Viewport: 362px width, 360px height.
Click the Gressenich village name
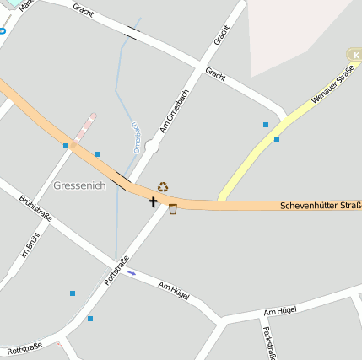pos(79,185)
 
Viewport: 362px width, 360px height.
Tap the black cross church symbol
pos(154,201)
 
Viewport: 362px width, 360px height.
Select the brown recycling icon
pos(163,186)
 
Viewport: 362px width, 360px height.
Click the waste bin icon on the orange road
pos(173,208)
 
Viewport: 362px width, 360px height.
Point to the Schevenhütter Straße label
pos(321,206)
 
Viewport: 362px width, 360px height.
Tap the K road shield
pos(354,55)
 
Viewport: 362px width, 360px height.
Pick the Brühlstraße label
pos(35,208)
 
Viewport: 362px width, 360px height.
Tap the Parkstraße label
pos(268,342)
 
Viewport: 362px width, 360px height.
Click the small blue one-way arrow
pos(131,271)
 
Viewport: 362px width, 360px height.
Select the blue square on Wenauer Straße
pos(277,138)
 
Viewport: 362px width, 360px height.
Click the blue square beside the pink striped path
pos(66,146)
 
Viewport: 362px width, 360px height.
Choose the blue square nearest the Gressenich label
pos(97,154)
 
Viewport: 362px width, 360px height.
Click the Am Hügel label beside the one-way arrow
pos(173,290)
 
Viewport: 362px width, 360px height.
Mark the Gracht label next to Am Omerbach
pos(222,35)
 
